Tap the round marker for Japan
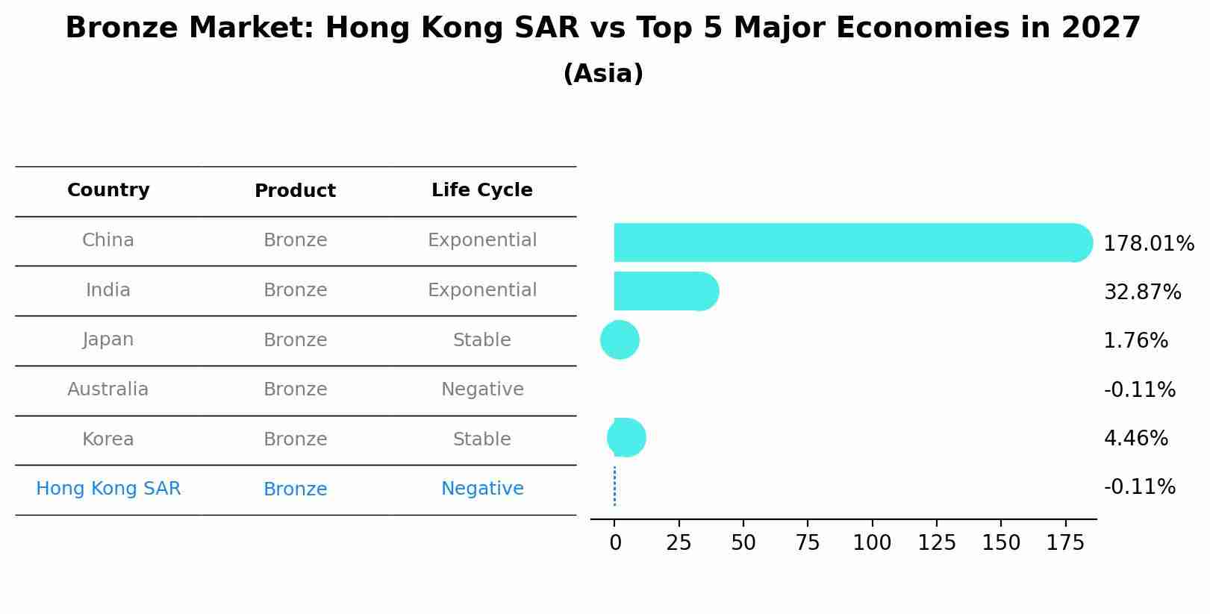(x=620, y=340)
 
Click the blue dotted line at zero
(x=614, y=486)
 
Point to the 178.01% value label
(x=1148, y=244)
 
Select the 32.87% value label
(x=1142, y=292)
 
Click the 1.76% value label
(x=1135, y=341)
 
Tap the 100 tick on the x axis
(x=872, y=543)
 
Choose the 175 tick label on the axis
(x=1065, y=543)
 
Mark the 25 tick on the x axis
(x=679, y=543)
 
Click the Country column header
(x=108, y=190)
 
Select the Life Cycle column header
(x=481, y=190)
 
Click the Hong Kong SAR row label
(x=108, y=489)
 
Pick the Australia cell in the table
(x=108, y=389)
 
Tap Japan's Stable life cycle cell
(x=481, y=340)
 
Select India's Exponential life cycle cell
(x=481, y=290)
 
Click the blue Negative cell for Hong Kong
(x=481, y=489)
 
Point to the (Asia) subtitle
(x=603, y=74)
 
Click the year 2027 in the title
(x=1100, y=28)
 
